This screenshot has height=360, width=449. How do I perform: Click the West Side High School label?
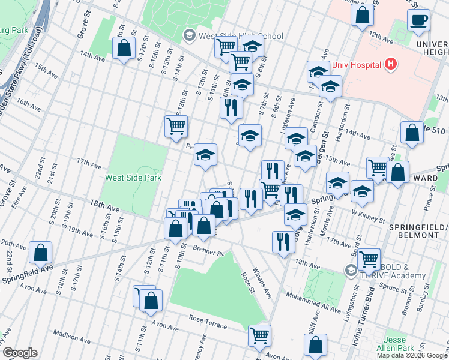[x=240, y=36]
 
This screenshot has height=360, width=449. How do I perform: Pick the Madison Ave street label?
[x=71, y=334]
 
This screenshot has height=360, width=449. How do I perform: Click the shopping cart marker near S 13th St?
[x=176, y=127]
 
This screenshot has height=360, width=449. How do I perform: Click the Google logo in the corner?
[x=20, y=353]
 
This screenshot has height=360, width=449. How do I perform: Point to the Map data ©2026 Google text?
[x=412, y=355]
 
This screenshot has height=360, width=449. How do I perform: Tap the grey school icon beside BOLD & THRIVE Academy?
[x=350, y=271]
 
